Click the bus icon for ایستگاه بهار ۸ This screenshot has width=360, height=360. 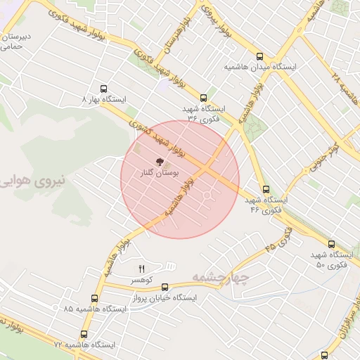click(x=104, y=89)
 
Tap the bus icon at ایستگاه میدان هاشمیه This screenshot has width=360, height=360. click(x=260, y=56)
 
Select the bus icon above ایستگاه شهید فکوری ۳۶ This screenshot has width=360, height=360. click(x=204, y=98)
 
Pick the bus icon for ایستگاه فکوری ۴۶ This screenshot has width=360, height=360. click(x=266, y=189)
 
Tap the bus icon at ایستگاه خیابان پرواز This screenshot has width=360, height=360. click(x=165, y=287)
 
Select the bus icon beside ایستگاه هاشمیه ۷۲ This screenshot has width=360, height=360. click(x=84, y=335)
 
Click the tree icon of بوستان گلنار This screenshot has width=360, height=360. click(x=159, y=161)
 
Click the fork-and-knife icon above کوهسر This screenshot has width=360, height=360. click(x=141, y=269)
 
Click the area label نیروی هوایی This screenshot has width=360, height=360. click(x=32, y=181)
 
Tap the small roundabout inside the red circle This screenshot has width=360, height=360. click(x=207, y=194)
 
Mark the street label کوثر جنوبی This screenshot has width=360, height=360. click(x=325, y=157)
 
